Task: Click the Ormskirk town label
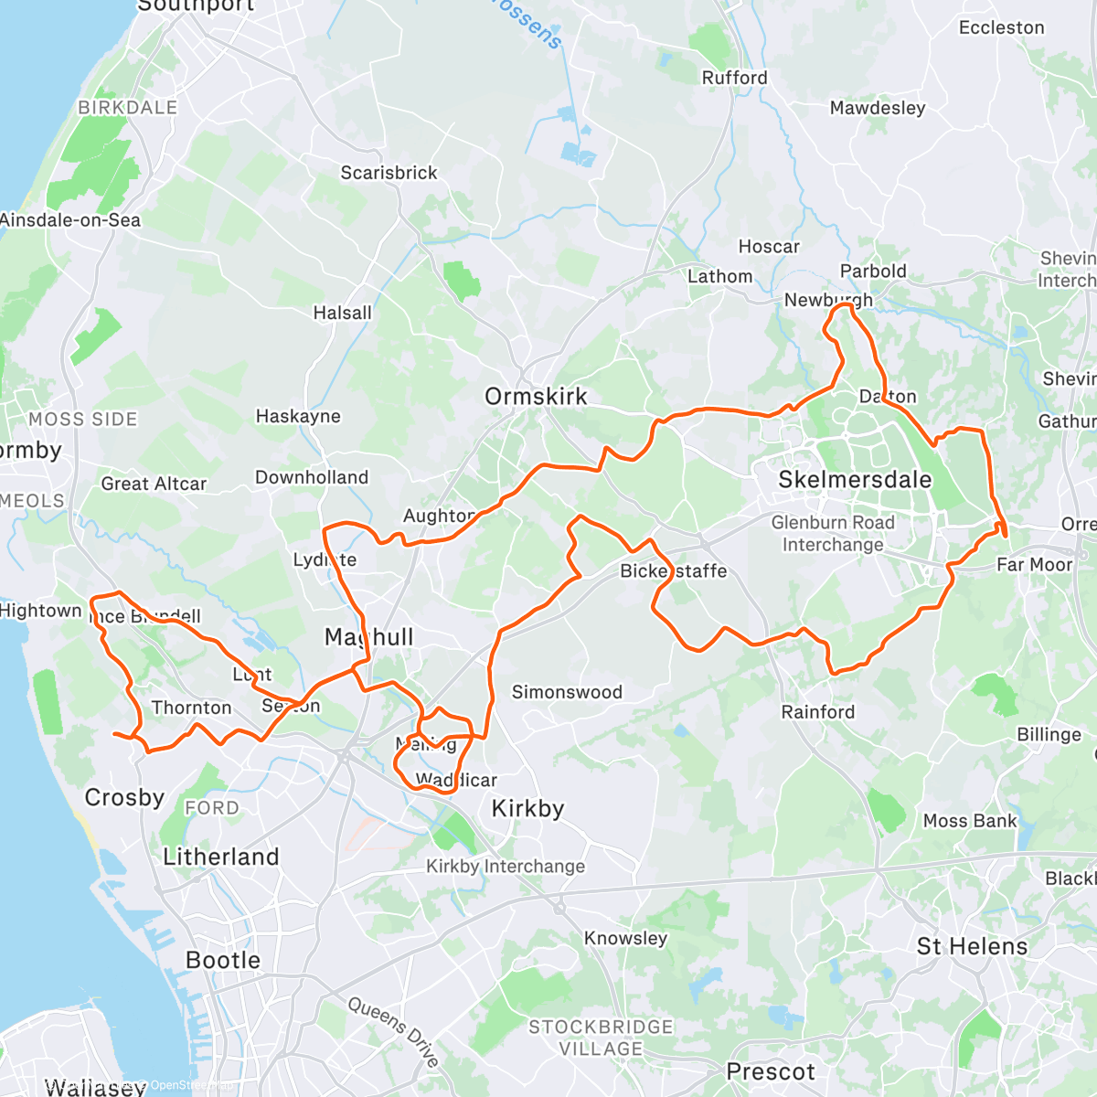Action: point(536,397)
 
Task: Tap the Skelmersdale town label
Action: point(855,480)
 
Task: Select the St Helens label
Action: point(972,946)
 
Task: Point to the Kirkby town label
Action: point(527,808)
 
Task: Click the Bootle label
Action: point(223,960)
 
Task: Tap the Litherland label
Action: point(221,857)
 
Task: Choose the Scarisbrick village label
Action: point(389,173)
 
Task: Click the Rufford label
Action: point(734,78)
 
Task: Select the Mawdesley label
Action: point(878,108)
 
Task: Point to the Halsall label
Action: point(343,313)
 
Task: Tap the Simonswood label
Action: point(567,692)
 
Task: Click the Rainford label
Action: point(818,711)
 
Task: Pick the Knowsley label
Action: point(625,938)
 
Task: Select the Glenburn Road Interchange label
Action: point(833,534)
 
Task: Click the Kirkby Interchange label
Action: point(506,866)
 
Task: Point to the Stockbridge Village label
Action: point(601,1038)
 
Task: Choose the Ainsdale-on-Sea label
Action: point(70,220)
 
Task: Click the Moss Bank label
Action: point(970,821)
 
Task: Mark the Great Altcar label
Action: point(154,484)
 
